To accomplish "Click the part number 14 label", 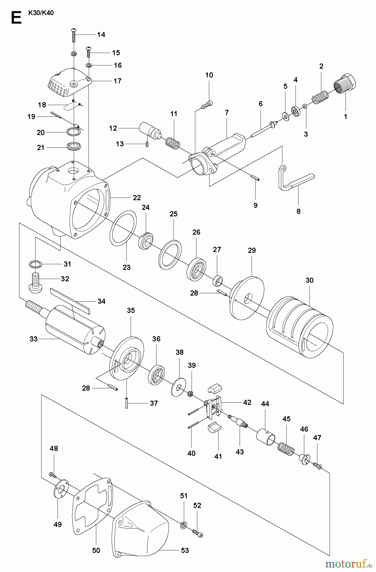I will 101,34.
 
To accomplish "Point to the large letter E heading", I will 16,18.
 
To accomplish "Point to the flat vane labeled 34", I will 70,300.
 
